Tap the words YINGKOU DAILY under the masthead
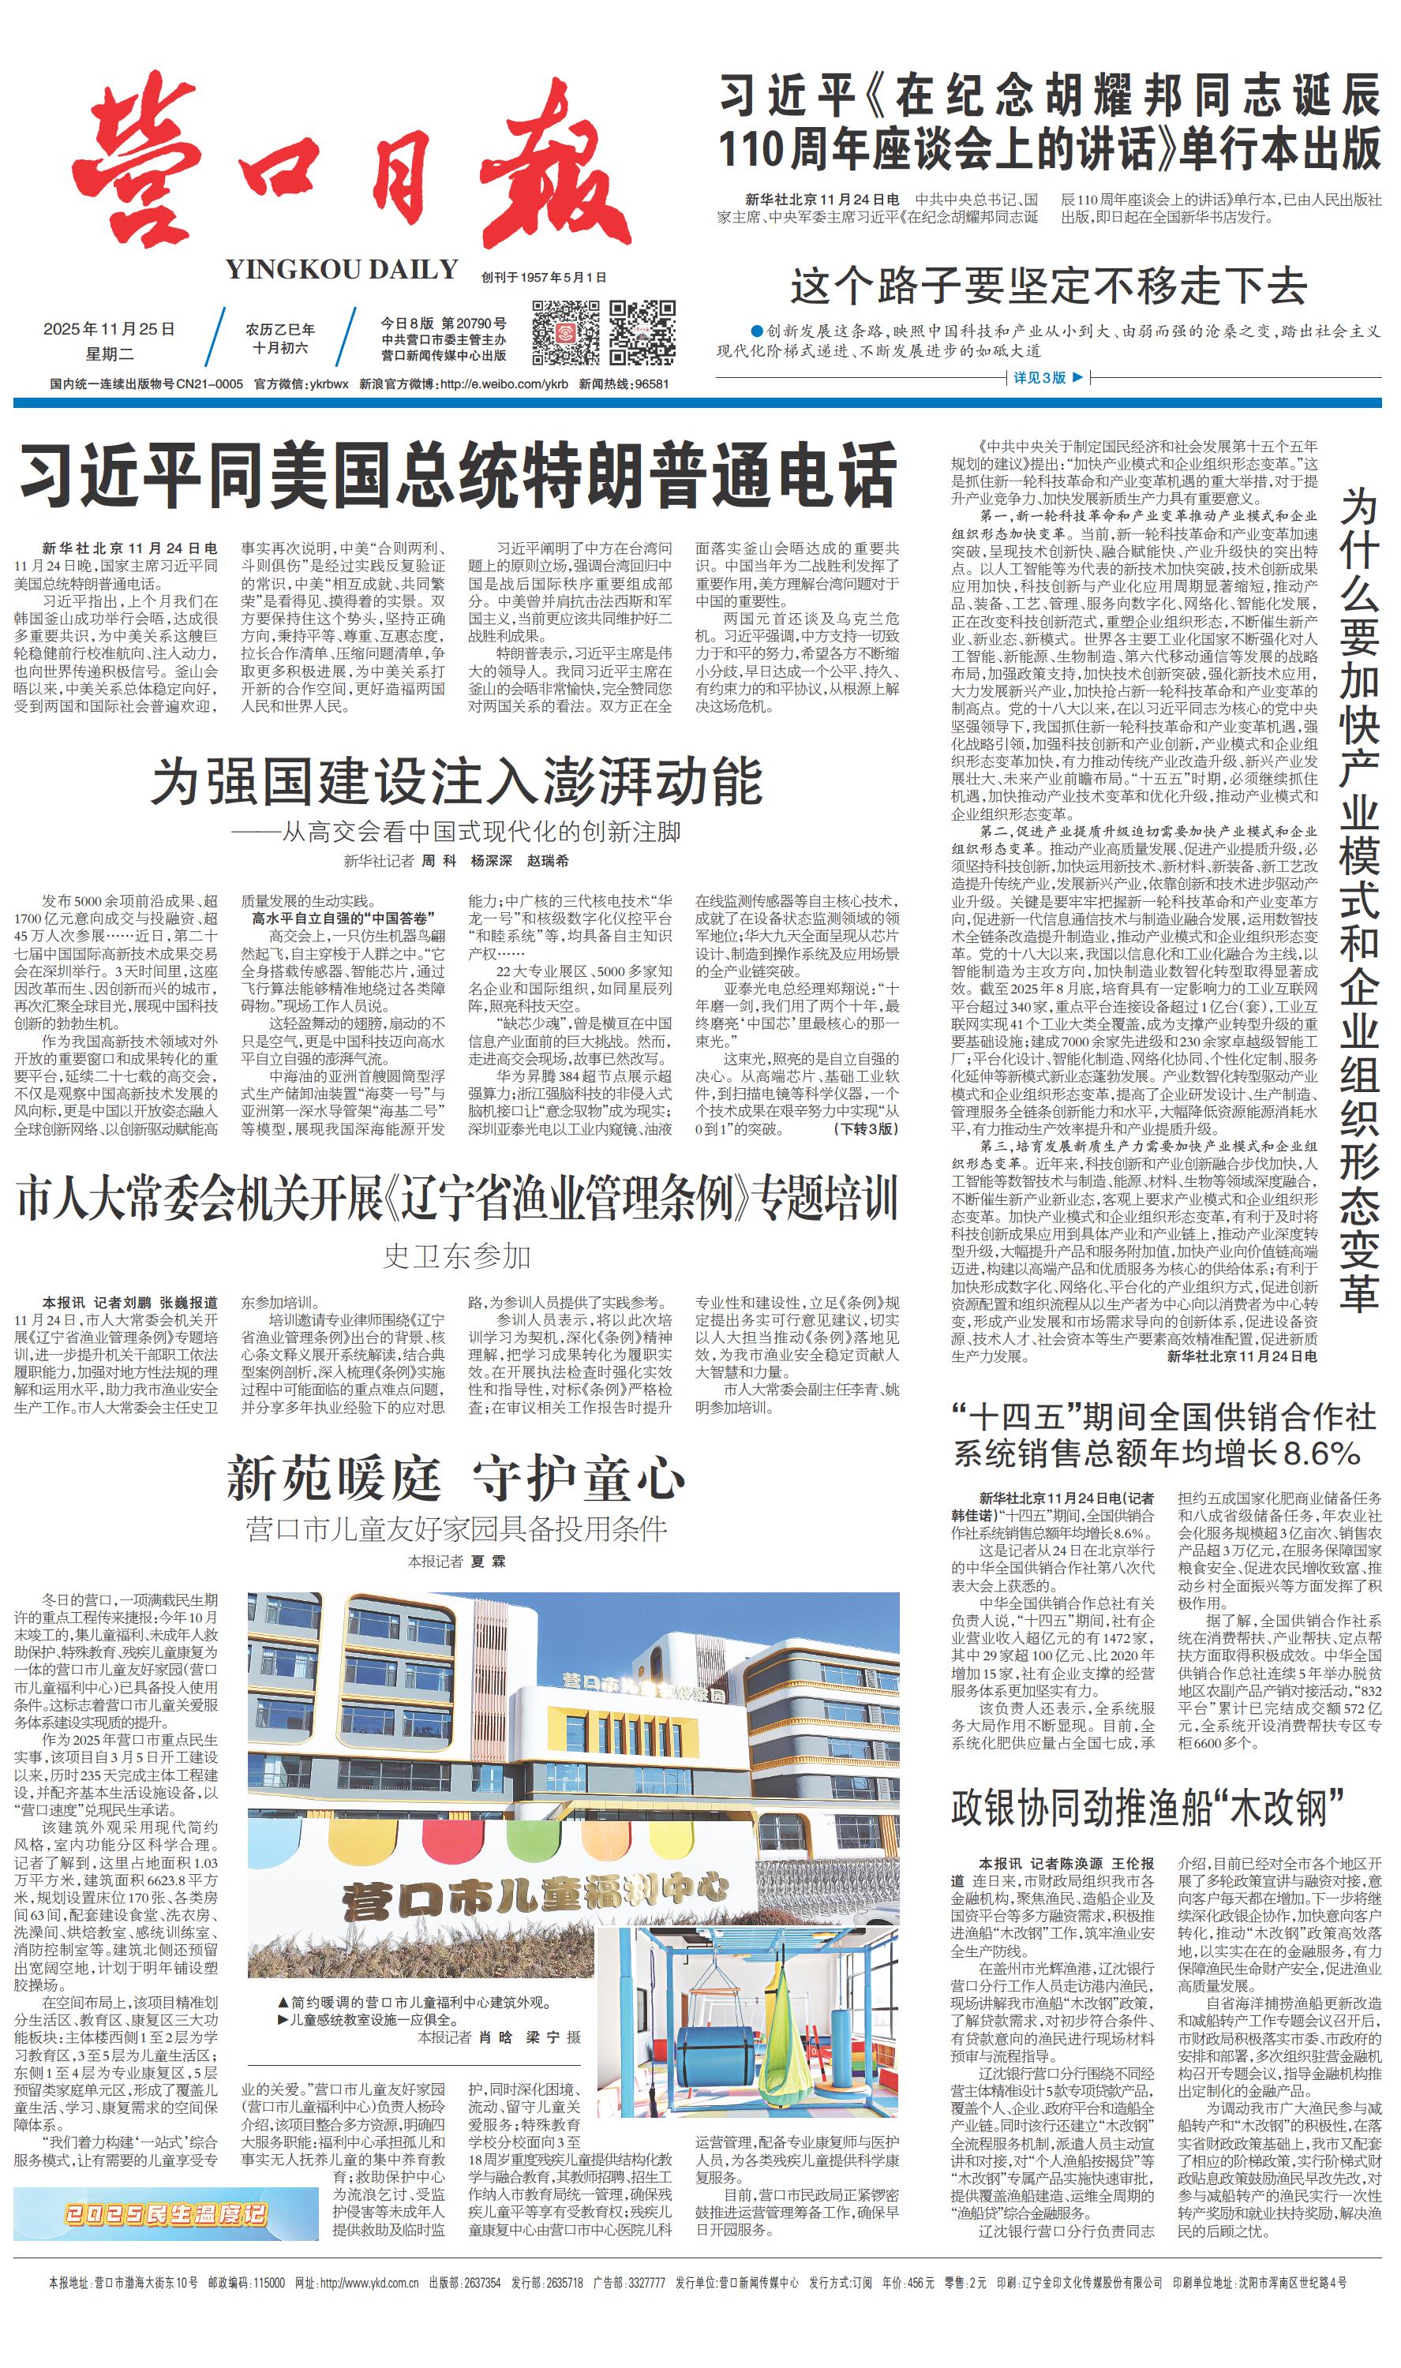coord(342,270)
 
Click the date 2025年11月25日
coord(110,329)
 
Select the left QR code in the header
coord(565,332)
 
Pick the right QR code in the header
coord(642,332)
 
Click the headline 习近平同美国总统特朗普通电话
coord(459,476)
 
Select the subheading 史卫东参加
coord(457,1256)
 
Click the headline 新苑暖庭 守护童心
coord(456,1478)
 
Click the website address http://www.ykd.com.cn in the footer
coord(369,2283)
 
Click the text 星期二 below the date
coord(110,354)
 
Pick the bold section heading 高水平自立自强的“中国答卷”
coord(343,918)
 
